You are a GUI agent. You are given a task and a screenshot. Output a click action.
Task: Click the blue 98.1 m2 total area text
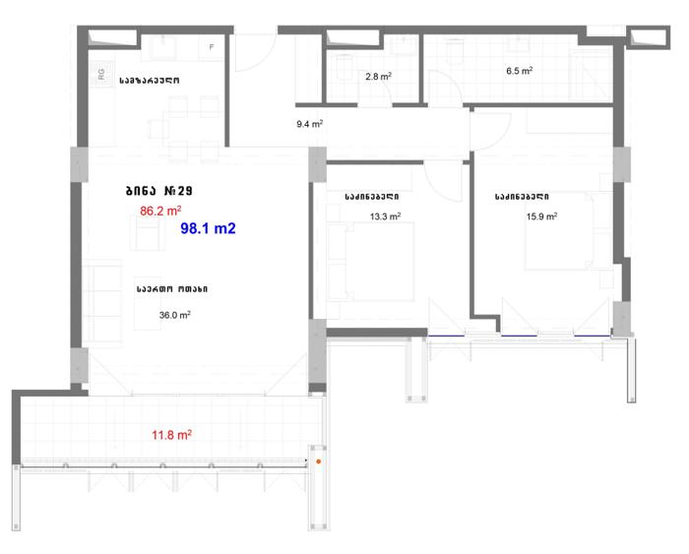[209, 228]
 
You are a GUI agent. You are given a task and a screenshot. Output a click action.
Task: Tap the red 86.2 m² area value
[160, 211]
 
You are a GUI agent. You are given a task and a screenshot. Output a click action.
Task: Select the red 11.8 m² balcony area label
[171, 435]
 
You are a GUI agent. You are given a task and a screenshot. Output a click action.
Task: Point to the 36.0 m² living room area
[174, 315]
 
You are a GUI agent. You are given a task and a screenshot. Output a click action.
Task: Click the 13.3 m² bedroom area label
[385, 216]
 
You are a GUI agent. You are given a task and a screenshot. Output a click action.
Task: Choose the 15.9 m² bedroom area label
[541, 216]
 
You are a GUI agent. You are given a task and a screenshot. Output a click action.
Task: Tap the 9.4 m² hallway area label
[309, 124]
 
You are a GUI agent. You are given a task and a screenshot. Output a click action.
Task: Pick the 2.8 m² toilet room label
[378, 76]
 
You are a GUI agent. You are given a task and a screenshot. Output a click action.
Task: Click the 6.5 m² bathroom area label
[520, 70]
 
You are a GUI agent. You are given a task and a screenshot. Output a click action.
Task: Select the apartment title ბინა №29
[159, 191]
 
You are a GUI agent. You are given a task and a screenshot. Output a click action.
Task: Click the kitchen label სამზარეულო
[150, 81]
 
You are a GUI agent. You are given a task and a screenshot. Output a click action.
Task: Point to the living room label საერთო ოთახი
[172, 289]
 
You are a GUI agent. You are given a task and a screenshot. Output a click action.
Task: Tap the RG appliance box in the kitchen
[101, 74]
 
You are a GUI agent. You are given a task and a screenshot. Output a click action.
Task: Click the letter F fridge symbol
[212, 47]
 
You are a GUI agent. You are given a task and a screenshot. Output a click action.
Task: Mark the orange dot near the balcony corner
[319, 462]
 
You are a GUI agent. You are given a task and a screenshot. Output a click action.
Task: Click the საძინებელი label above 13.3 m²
[372, 197]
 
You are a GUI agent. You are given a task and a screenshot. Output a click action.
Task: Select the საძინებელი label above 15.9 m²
[522, 197]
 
